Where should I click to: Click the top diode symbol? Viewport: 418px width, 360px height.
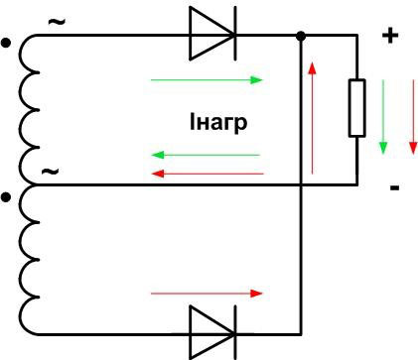click(x=211, y=37)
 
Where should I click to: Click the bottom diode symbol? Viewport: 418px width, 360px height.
click(x=211, y=331)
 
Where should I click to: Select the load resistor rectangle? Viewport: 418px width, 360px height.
click(x=357, y=109)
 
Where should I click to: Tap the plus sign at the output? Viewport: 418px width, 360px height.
click(x=390, y=37)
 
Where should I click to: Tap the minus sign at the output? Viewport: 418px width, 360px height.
click(x=394, y=186)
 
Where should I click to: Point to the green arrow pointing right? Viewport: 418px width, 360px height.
click(x=208, y=79)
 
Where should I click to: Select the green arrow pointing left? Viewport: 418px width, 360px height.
click(x=204, y=155)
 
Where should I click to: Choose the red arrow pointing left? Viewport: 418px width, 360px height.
click(x=204, y=173)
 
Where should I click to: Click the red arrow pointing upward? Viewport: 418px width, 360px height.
click(x=313, y=119)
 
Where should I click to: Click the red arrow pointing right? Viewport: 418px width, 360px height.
click(x=208, y=294)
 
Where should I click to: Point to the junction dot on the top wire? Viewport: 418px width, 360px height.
click(x=301, y=37)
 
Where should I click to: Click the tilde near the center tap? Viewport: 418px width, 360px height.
click(x=50, y=171)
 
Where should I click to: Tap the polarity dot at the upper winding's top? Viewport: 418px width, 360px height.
click(x=8, y=44)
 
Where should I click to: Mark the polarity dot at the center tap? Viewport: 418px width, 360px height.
click(x=8, y=197)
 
